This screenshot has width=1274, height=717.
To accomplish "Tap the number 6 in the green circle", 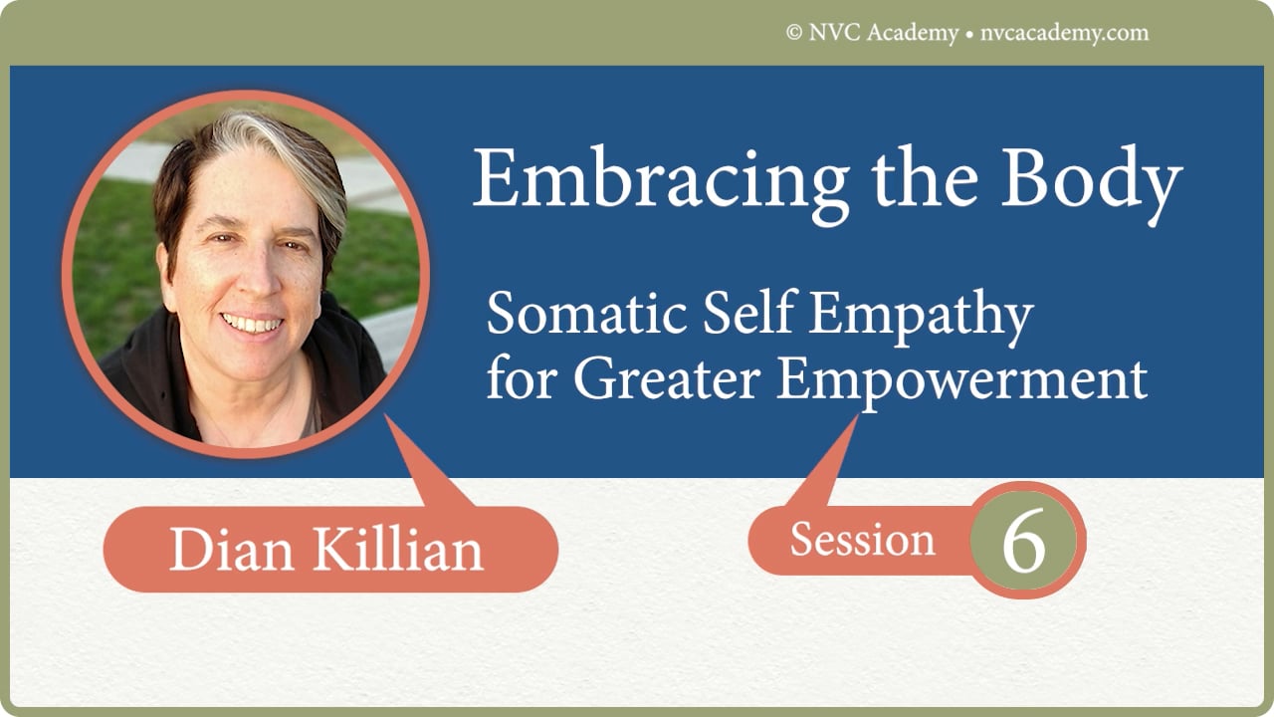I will point(1023,542).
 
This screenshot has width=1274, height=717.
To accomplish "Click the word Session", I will point(862,541).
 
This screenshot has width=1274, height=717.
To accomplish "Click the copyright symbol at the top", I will point(794,33).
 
